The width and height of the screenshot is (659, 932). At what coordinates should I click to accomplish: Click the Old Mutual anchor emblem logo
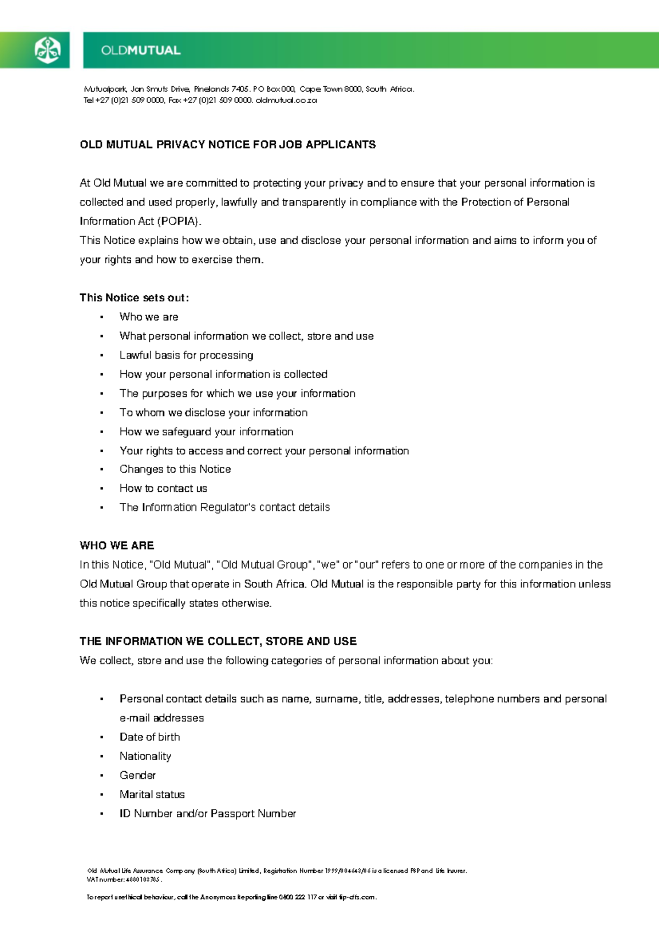coord(47,50)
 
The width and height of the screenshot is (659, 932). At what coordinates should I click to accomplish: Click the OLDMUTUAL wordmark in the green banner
coord(141,50)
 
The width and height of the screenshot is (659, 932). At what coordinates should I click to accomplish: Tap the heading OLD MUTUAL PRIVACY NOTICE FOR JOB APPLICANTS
coord(227,144)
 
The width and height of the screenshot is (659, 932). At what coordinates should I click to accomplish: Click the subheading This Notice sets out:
coord(134,297)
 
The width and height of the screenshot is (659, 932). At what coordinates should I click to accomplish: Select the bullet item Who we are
coord(149,317)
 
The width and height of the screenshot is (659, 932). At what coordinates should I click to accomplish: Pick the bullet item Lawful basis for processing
coord(186,355)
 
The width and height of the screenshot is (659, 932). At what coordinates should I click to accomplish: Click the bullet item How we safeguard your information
coord(206,431)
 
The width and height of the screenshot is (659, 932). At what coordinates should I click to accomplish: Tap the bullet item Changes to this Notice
coord(175,469)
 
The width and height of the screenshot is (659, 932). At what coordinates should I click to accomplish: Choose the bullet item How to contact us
coord(163,489)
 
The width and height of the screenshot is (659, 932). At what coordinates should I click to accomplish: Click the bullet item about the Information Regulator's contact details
coord(225,507)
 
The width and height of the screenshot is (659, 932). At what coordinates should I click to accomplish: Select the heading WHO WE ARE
coord(116,546)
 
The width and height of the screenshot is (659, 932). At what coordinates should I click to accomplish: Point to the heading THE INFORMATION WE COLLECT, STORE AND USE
coord(218,641)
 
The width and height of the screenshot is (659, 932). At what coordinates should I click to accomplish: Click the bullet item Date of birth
coord(149,737)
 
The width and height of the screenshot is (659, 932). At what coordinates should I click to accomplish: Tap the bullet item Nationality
coord(145,756)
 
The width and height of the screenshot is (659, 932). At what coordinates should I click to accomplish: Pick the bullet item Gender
coord(137,775)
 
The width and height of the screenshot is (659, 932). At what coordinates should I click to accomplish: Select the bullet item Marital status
coord(152,794)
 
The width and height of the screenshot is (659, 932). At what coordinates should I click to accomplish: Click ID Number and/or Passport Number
coord(208,813)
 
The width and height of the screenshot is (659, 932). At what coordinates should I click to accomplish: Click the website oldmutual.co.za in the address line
coord(286,100)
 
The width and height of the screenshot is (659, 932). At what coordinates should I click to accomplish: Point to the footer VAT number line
coord(124,879)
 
